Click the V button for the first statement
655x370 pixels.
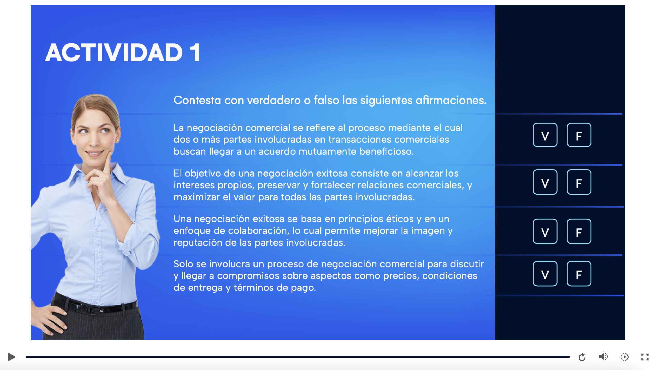tap(545, 135)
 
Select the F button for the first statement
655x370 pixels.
tap(579, 135)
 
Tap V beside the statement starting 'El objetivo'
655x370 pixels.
tap(545, 182)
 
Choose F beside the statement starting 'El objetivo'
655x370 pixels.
tap(579, 182)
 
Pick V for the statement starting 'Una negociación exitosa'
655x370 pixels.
tap(545, 231)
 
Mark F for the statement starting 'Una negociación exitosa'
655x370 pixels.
tap(579, 231)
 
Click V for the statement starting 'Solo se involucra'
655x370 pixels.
tap(545, 274)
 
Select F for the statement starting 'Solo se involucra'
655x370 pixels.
tap(579, 274)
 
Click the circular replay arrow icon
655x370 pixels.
tap(582, 357)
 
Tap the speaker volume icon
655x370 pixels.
tap(603, 357)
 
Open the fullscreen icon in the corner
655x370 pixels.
tap(645, 357)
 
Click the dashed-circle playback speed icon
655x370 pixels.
tap(624, 357)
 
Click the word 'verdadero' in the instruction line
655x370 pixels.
tap(274, 100)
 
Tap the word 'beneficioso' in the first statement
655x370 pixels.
tap(386, 151)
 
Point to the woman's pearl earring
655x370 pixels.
tap(117, 141)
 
